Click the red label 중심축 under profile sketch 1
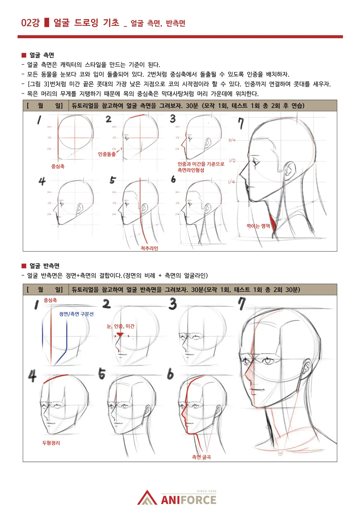[58, 166]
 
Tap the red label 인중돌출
[107, 154]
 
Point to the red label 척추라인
[149, 248]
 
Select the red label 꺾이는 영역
[258, 226]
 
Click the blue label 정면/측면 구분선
[76, 314]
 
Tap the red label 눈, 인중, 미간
[121, 326]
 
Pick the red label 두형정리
[51, 443]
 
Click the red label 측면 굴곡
[201, 457]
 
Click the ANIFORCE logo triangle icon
[147, 498]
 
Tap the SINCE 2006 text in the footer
[206, 491]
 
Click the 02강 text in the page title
[30, 23]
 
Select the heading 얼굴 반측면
[44, 266]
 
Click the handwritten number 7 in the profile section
[241, 123]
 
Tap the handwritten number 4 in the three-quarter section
[32, 376]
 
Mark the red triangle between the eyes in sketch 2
[120, 334]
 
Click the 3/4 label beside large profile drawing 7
[232, 140]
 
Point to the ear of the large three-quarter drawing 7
[307, 367]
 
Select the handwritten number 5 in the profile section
[112, 180]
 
